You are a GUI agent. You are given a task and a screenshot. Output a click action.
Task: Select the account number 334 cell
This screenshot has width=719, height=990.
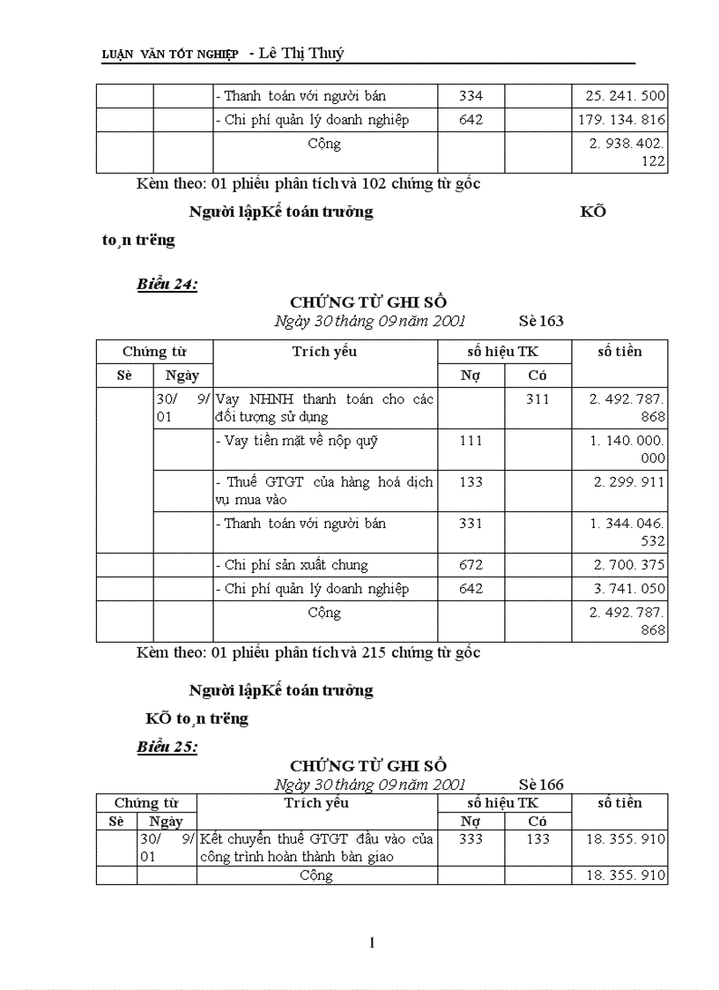(471, 96)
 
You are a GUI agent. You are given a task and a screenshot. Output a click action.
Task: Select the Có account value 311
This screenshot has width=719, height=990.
(537, 399)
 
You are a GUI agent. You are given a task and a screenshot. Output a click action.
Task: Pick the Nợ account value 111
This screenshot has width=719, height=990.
(471, 441)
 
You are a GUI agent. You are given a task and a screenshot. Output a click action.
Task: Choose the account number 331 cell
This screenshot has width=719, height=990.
(471, 524)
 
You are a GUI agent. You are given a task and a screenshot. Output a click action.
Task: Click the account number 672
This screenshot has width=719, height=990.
(471, 565)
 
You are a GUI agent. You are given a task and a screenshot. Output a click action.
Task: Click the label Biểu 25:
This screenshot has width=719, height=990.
(167, 747)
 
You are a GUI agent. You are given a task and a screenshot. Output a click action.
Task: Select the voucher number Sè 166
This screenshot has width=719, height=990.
(541, 784)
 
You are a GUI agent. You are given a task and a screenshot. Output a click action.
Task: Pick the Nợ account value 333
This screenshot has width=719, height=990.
(471, 839)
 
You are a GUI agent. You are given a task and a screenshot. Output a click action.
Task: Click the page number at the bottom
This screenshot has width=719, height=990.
(372, 943)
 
